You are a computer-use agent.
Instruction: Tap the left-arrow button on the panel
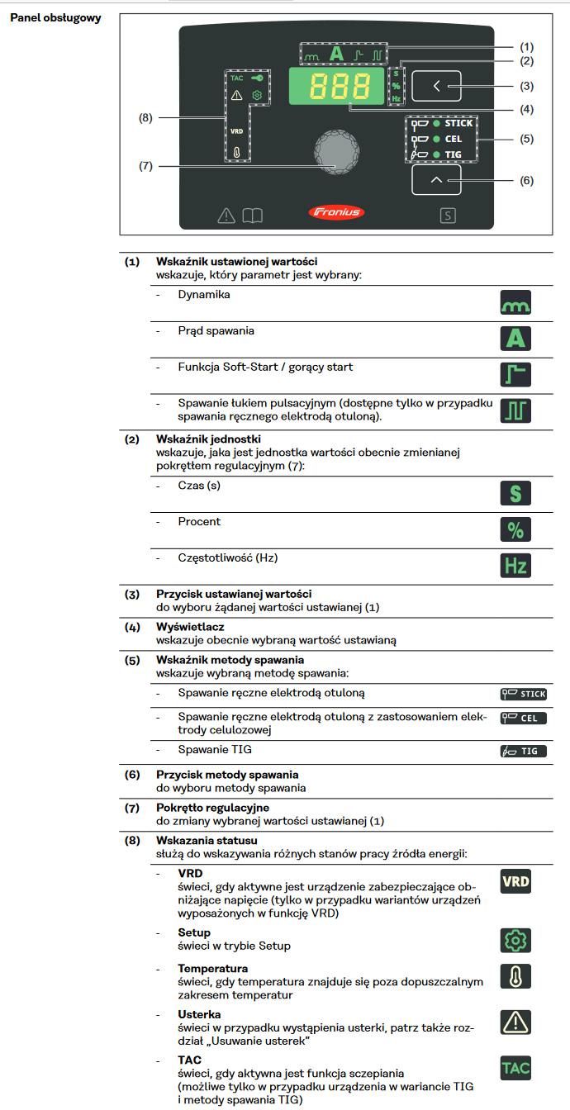pos(437,86)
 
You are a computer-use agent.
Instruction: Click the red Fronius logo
pos(336,213)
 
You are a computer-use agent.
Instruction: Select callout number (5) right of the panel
pos(527,139)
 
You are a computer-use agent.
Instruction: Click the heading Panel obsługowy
pos(55,18)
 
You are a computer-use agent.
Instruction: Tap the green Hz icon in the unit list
pos(516,566)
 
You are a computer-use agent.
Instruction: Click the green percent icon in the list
pos(516,529)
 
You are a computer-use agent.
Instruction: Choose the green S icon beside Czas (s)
pos(516,494)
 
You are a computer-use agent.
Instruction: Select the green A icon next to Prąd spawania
pos(516,338)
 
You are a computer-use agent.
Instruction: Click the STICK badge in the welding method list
pos(524,694)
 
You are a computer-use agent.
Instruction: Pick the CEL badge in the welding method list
pos(524,718)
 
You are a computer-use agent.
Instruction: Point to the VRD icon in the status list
pos(516,881)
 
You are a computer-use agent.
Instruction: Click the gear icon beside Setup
pos(516,940)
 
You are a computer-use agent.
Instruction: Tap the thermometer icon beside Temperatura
pos(516,975)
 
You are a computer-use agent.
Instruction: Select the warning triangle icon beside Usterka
pos(516,1022)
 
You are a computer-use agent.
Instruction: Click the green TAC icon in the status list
pos(516,1068)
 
